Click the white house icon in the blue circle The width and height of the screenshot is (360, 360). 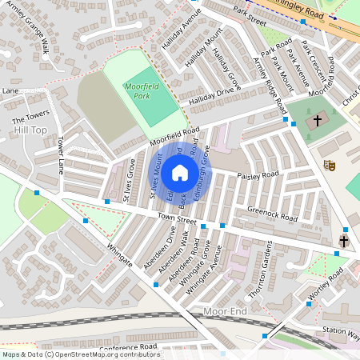(x=180, y=172)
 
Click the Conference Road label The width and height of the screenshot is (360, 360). (x=129, y=346)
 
